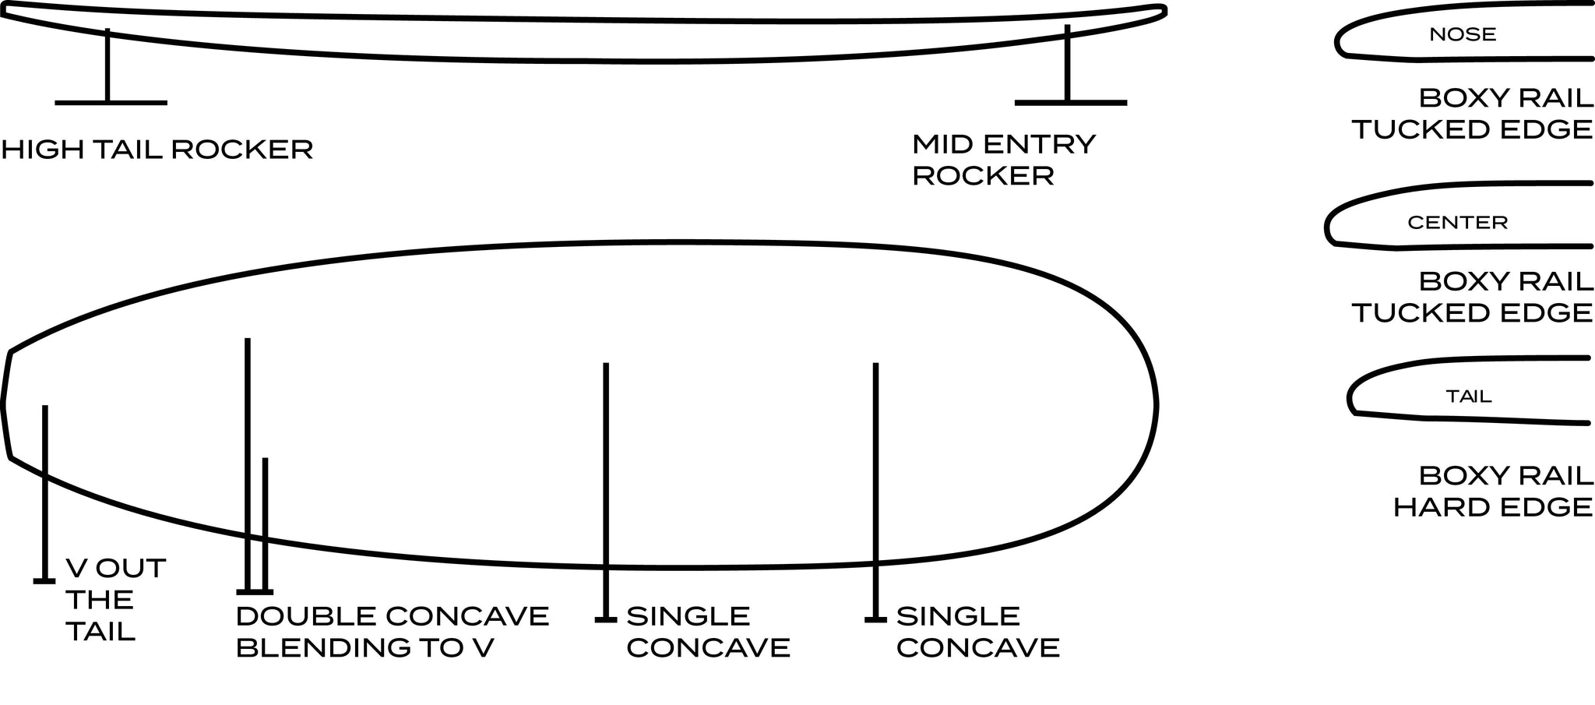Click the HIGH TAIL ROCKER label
pos(157,149)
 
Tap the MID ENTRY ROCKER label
pos(1004,160)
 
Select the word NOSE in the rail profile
pos(1463,34)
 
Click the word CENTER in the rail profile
pos(1458,223)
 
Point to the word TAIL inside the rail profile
pos(1469,397)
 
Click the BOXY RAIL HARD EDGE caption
pos(1493,492)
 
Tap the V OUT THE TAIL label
pos(115,599)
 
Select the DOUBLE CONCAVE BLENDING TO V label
pos(393,632)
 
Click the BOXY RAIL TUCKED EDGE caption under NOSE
pos(1473,114)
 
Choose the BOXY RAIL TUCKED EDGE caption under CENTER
pos(1473,297)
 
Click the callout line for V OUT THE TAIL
pos(45,493)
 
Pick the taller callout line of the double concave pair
pos(248,465)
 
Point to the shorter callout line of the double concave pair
pos(266,526)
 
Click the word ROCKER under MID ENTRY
pos(983,176)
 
